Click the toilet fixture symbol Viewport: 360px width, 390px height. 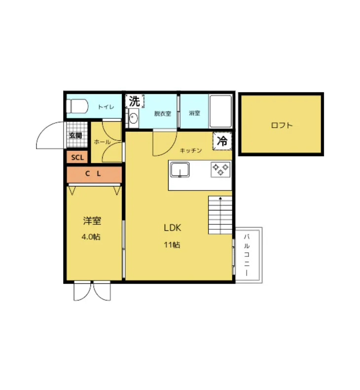77,106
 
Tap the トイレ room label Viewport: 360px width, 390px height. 106,107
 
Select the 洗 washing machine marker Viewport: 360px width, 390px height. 135,101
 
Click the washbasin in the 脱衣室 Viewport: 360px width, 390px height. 133,118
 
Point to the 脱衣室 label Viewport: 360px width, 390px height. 163,114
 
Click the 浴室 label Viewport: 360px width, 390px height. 194,113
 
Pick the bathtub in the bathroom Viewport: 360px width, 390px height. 220,111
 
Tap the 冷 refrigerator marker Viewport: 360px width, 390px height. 222,141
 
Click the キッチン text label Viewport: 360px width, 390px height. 190,150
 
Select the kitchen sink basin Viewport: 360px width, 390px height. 180,170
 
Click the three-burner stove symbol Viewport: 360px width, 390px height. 220,170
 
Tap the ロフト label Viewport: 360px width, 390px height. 282,125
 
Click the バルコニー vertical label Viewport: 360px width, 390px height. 247,255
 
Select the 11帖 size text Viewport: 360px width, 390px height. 172,245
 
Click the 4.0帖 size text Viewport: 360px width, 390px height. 91,237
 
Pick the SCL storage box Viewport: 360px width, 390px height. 77,157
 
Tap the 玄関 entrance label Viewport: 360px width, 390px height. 75,136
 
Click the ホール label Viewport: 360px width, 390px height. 102,142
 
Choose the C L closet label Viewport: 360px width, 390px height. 93,174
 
